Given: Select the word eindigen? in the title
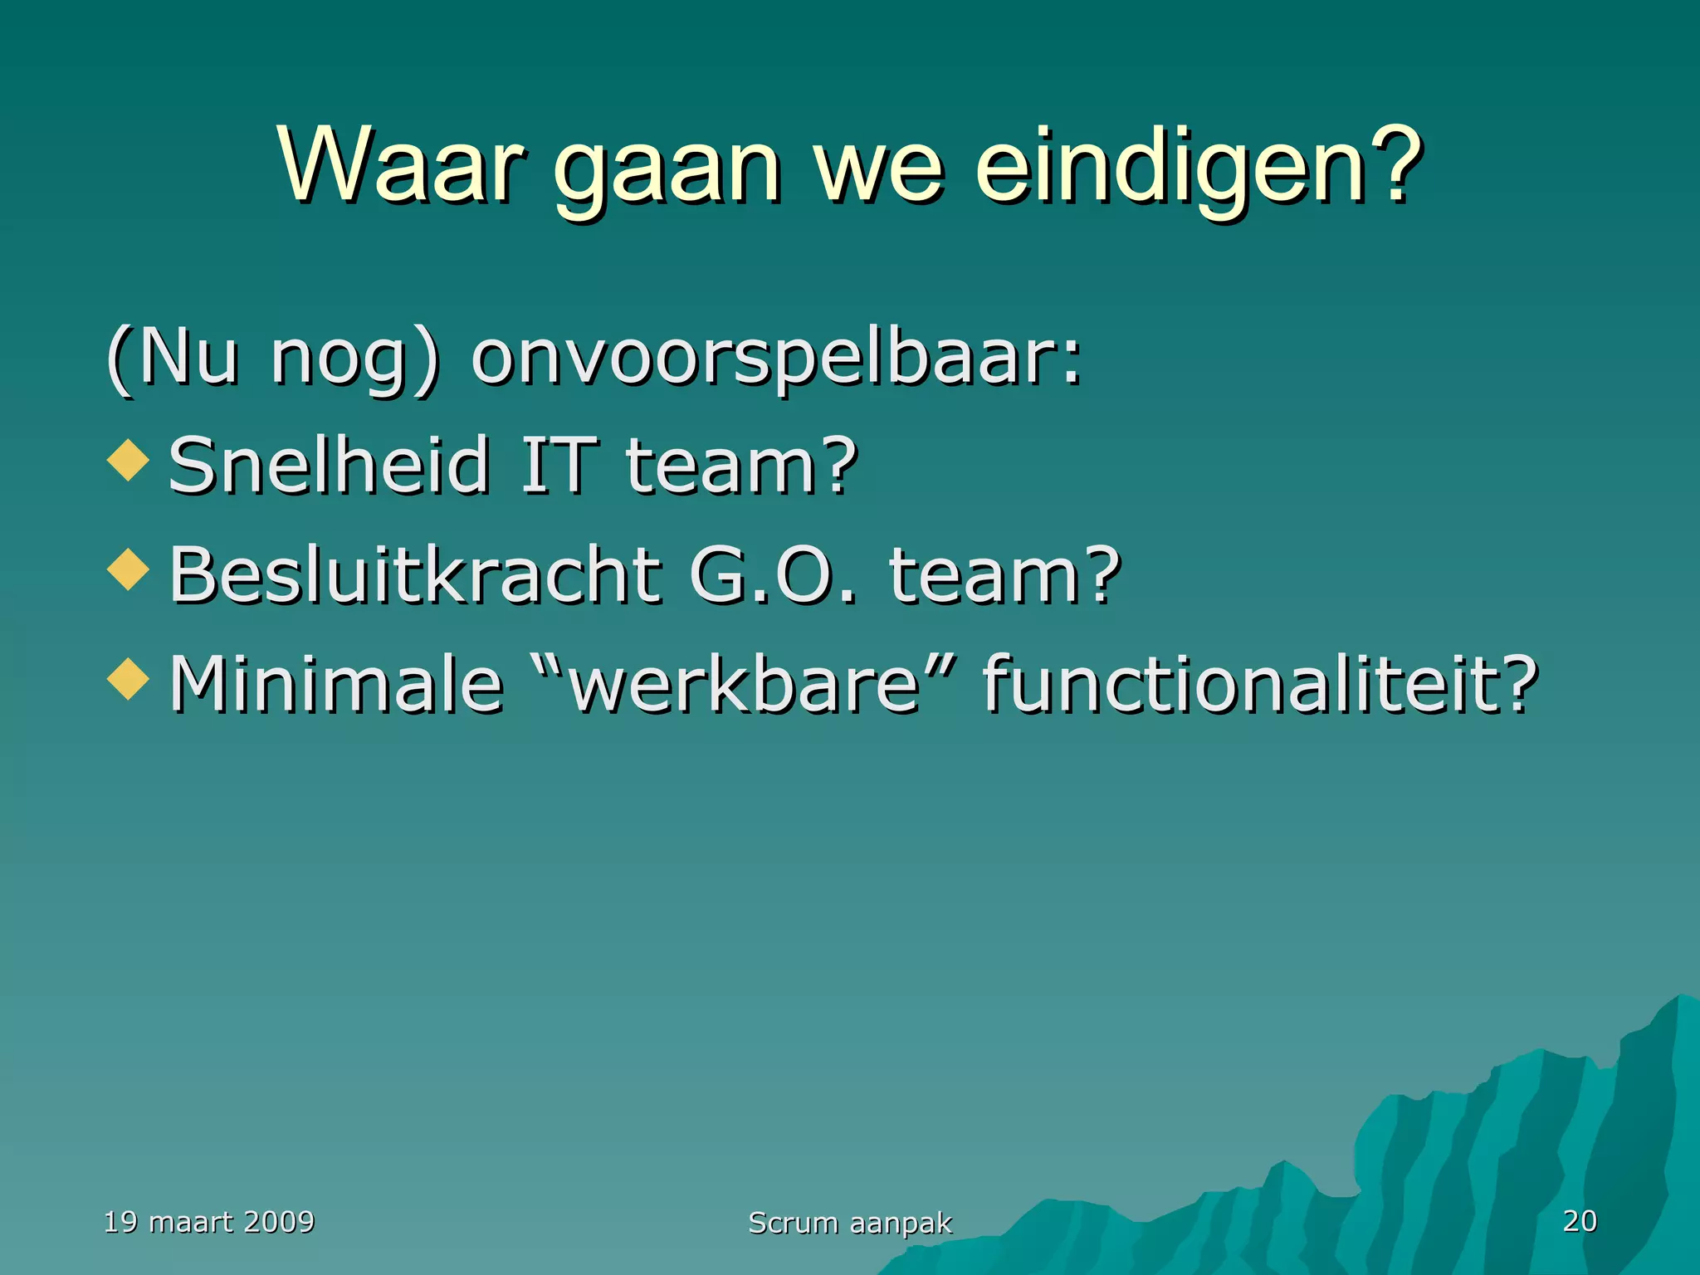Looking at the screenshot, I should coord(1196,166).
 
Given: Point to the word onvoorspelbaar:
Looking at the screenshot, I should coord(776,359).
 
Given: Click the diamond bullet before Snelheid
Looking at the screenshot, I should coord(129,459).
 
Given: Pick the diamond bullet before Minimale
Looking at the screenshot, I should coord(129,678).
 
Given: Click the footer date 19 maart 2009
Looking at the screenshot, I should coord(208,1222).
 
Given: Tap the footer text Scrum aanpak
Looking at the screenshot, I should coord(850,1223).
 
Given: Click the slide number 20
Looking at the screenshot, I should coord(1579,1221).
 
